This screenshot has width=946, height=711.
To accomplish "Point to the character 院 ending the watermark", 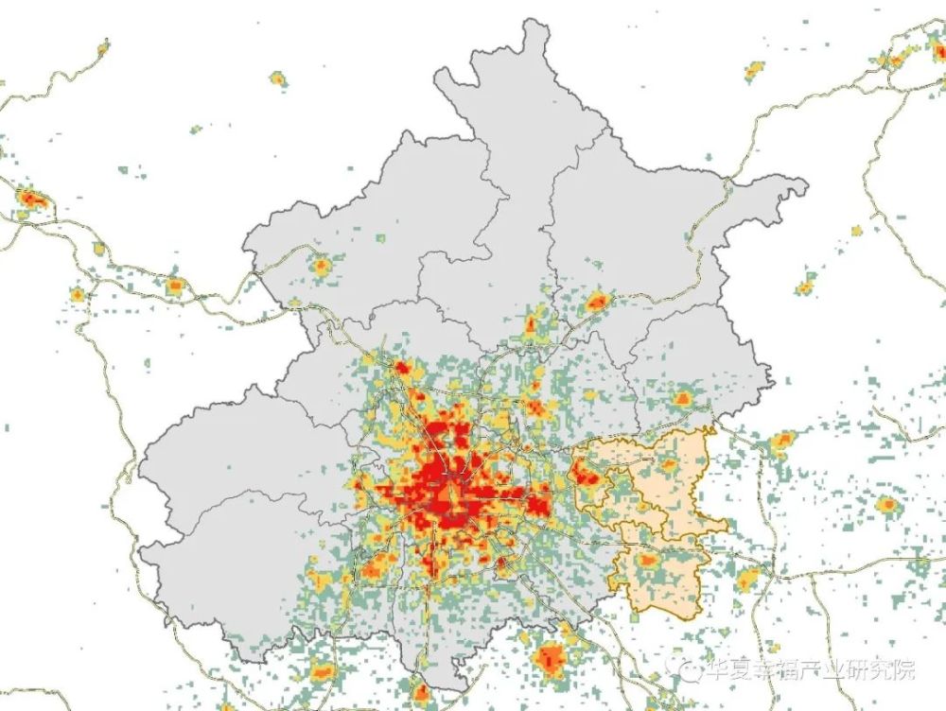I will pyautogui.click(x=904, y=670).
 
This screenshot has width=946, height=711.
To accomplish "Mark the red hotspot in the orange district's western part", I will pyautogui.click(x=587, y=475).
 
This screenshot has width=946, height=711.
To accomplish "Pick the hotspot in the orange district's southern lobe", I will pyautogui.click(x=648, y=560).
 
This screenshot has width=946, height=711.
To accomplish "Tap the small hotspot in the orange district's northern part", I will pyautogui.click(x=668, y=464).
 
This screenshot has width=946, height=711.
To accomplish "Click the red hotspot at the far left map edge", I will pyautogui.click(x=32, y=199).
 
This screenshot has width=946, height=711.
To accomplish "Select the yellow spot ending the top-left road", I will pyautogui.click(x=102, y=45).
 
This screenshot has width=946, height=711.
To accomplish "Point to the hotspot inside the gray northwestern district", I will pyautogui.click(x=322, y=267).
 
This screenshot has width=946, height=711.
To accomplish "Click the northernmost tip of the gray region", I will pyautogui.click(x=536, y=21).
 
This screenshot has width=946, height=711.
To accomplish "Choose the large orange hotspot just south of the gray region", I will pyautogui.click(x=550, y=656).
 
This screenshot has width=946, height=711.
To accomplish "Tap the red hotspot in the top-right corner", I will pyautogui.click(x=895, y=60).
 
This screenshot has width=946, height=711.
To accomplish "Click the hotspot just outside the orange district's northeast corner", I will pyautogui.click(x=783, y=440).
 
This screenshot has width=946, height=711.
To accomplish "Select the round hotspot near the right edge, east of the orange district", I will pyautogui.click(x=886, y=505).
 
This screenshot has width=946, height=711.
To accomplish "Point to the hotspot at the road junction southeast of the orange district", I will pyautogui.click(x=747, y=579).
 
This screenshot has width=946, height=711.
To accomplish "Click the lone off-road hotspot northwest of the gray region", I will pyautogui.click(x=277, y=78).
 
